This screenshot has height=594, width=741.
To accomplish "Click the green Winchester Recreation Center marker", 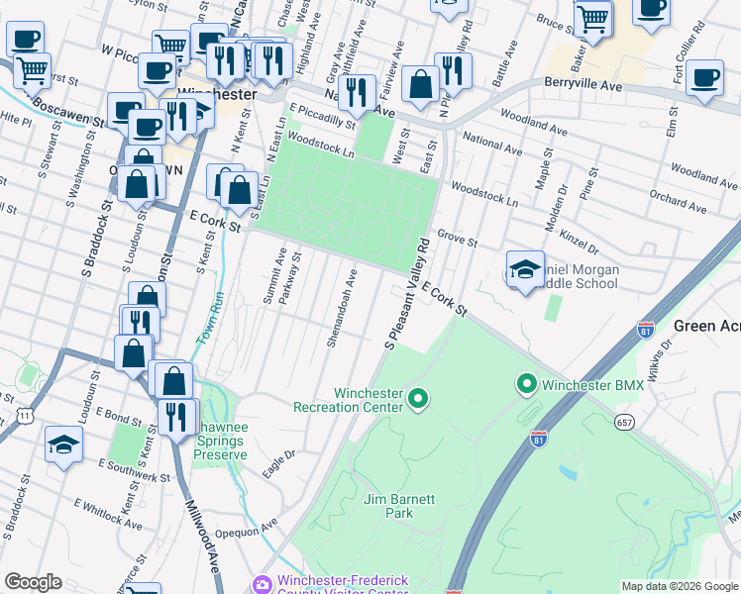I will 418,399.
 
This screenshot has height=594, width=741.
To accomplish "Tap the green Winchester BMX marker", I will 526,383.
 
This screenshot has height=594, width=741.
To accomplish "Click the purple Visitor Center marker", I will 262,584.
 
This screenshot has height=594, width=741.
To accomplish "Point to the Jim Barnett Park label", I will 399,506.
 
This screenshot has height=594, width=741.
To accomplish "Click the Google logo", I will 33,582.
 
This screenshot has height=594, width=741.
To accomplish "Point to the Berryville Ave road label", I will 582,86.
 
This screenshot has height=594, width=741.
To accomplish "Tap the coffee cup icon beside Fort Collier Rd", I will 704,79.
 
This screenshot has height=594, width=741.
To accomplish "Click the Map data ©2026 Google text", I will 680,586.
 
